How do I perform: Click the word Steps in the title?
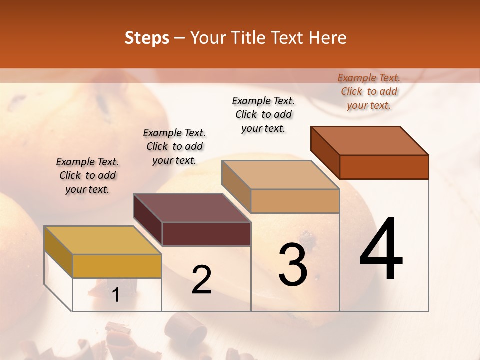[x=147, y=38]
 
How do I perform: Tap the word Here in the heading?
[x=328, y=38]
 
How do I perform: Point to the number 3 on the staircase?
[x=293, y=265]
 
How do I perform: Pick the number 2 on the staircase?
[x=201, y=280]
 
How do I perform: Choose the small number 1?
[x=116, y=295]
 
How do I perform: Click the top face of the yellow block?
[x=103, y=240]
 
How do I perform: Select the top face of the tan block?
[x=280, y=175]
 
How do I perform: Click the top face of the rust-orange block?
[x=370, y=141]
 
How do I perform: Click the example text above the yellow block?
[x=87, y=175]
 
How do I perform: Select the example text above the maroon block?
[x=174, y=146]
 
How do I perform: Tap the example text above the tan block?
[x=263, y=114]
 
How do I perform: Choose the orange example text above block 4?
[x=369, y=91]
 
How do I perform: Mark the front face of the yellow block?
[x=117, y=266]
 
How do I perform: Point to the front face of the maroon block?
[x=206, y=234]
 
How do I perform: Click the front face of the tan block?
[x=295, y=201]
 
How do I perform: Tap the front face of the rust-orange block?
[x=384, y=167]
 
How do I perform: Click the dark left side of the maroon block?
[x=148, y=220]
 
